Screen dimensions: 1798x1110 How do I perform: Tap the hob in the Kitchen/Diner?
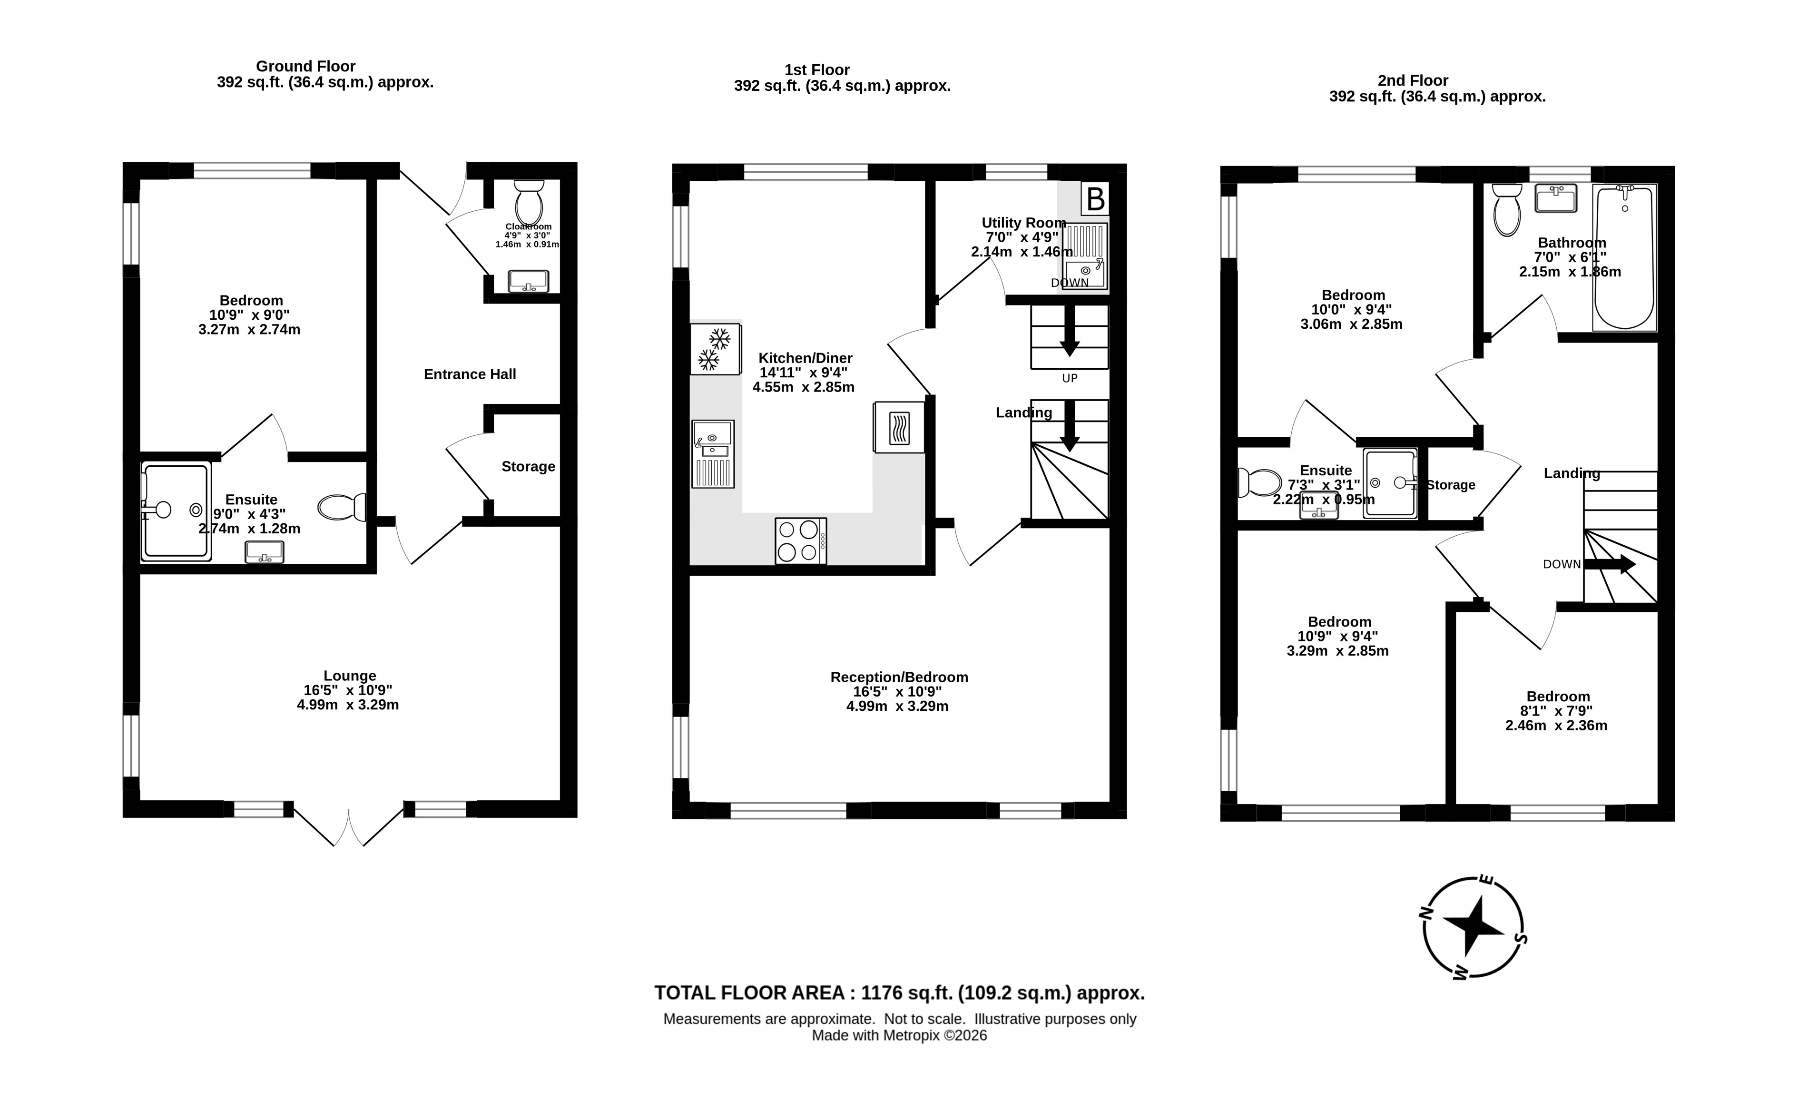(x=801, y=541)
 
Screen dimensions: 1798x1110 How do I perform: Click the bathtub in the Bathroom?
(x=1624, y=257)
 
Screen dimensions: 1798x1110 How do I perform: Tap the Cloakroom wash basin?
(x=529, y=280)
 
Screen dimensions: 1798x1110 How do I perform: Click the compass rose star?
(x=1473, y=926)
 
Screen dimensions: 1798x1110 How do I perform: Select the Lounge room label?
(x=350, y=676)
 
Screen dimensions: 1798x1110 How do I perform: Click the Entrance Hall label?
(x=470, y=374)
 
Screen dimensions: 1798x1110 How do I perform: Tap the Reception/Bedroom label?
(x=899, y=677)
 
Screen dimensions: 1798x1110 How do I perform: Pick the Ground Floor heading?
(x=305, y=66)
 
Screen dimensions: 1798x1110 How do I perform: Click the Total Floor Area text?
(x=899, y=993)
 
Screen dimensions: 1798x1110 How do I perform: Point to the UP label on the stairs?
(x=1070, y=378)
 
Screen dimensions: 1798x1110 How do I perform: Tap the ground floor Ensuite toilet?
(x=342, y=507)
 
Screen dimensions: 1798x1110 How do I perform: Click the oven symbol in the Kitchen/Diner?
(x=899, y=427)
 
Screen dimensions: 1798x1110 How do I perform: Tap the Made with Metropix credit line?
(x=899, y=1036)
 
